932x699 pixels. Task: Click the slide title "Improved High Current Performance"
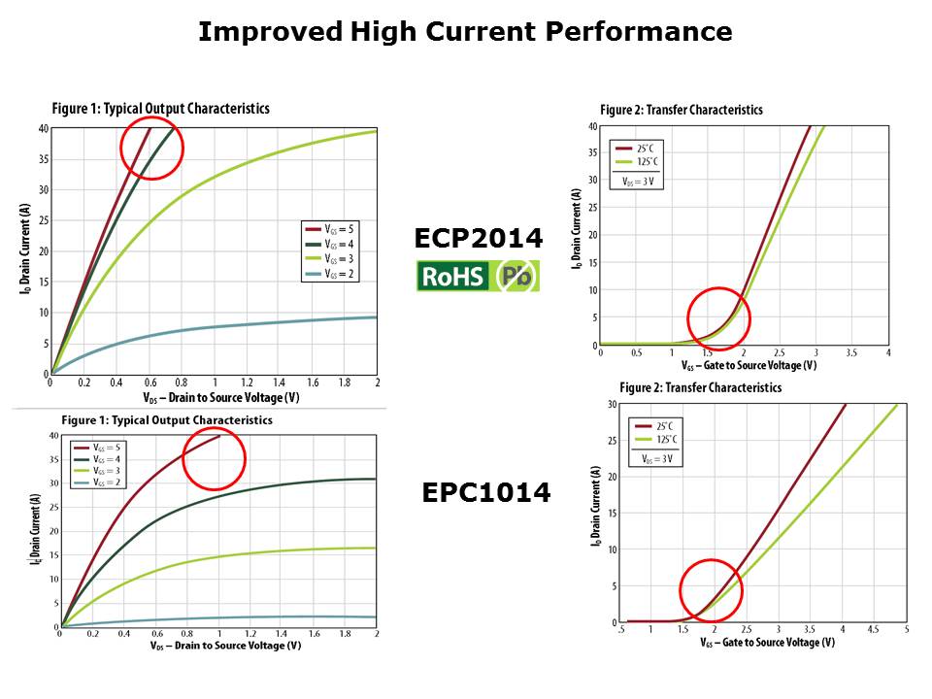pyautogui.click(x=465, y=32)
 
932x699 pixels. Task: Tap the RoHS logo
pyautogui.click(x=478, y=277)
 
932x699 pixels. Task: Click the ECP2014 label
pyautogui.click(x=478, y=239)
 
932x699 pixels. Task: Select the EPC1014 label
pyautogui.click(x=485, y=493)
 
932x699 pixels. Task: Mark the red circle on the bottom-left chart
pyautogui.click(x=214, y=458)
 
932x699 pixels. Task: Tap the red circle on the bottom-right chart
pyautogui.click(x=711, y=590)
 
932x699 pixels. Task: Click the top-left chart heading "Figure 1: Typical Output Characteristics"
pyautogui.click(x=159, y=109)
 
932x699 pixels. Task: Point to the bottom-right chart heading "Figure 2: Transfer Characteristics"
pyautogui.click(x=700, y=387)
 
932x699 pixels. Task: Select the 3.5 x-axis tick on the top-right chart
pyautogui.click(x=850, y=352)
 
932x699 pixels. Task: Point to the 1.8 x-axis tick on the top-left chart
pyautogui.click(x=344, y=383)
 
